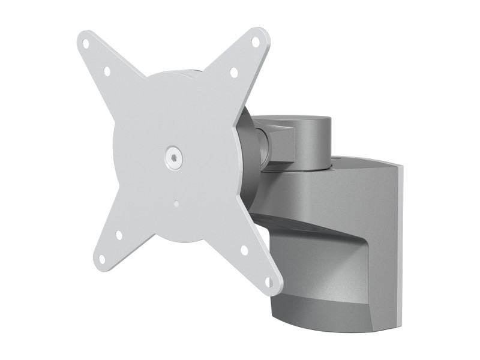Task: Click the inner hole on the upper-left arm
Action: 107,71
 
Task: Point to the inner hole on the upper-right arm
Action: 234,73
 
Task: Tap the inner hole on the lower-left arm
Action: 119,235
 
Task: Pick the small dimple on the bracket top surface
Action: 340,160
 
